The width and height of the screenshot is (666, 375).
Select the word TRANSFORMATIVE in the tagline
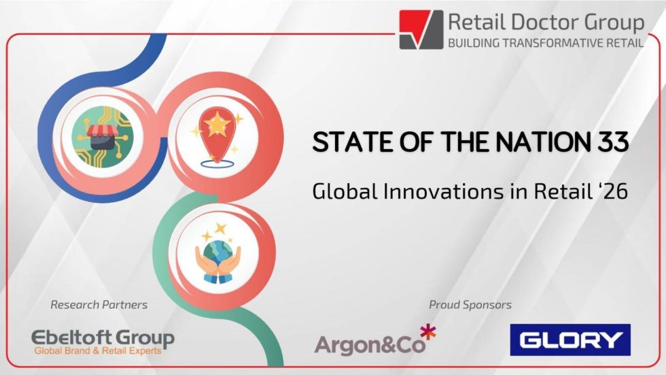[x=543, y=43]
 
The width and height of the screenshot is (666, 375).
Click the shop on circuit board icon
[x=103, y=136]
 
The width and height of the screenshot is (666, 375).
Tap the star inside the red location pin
[x=217, y=125]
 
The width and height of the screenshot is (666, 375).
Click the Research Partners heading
[x=99, y=304]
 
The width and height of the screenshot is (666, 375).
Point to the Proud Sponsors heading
[x=470, y=304]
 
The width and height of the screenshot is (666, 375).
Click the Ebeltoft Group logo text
[x=103, y=338]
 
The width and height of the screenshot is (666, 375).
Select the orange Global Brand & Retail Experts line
[x=103, y=351]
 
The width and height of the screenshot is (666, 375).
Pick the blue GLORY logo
[x=570, y=340]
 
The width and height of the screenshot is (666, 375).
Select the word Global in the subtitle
[x=338, y=191]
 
